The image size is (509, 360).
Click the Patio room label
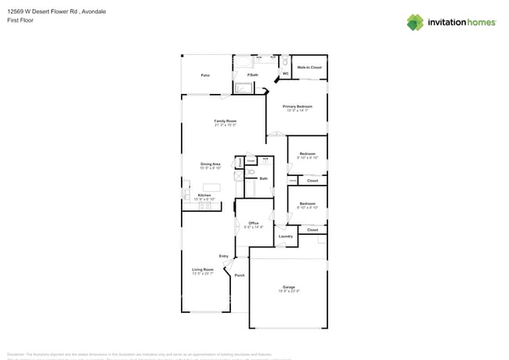pyautogui.click(x=205, y=75)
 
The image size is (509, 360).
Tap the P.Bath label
pyautogui.click(x=252, y=75)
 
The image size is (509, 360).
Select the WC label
pyautogui.click(x=285, y=74)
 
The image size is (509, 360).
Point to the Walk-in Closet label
pyautogui.click(x=309, y=68)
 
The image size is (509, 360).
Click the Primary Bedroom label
pyautogui.click(x=298, y=106)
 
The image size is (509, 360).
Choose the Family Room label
pyautogui.click(x=226, y=121)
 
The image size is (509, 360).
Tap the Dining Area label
pyautogui.click(x=210, y=164)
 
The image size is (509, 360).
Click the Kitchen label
pyautogui.click(x=204, y=195)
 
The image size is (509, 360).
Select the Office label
pyautogui.click(x=253, y=224)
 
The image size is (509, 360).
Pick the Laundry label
pyautogui.click(x=286, y=236)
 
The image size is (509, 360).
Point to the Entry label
pyautogui.click(x=224, y=256)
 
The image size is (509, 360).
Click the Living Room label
pyautogui.click(x=203, y=269)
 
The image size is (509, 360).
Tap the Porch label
pyautogui.click(x=240, y=275)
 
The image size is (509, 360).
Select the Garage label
pyautogui.click(x=289, y=287)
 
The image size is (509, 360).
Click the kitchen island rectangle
pyautogui.click(x=223, y=188)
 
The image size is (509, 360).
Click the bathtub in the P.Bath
pyautogui.click(x=244, y=88)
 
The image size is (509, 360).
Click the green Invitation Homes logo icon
pyautogui.click(x=415, y=22)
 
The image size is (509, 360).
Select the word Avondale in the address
pyautogui.click(x=93, y=12)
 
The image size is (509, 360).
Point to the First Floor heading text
pyautogui.click(x=20, y=21)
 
